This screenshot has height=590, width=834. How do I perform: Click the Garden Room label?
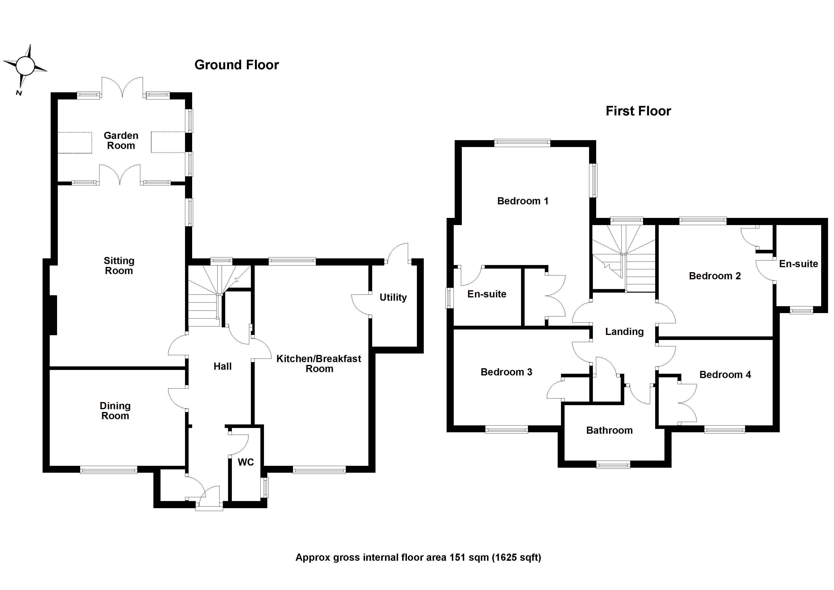tap(121, 141)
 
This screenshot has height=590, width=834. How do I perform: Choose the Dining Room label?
tap(115, 411)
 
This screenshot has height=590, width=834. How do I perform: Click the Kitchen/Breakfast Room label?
tap(319, 364)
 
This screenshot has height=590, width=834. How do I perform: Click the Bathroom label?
tap(609, 431)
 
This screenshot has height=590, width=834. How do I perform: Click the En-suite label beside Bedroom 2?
tap(798, 264)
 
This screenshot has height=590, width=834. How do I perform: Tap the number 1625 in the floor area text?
tap(507, 557)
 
